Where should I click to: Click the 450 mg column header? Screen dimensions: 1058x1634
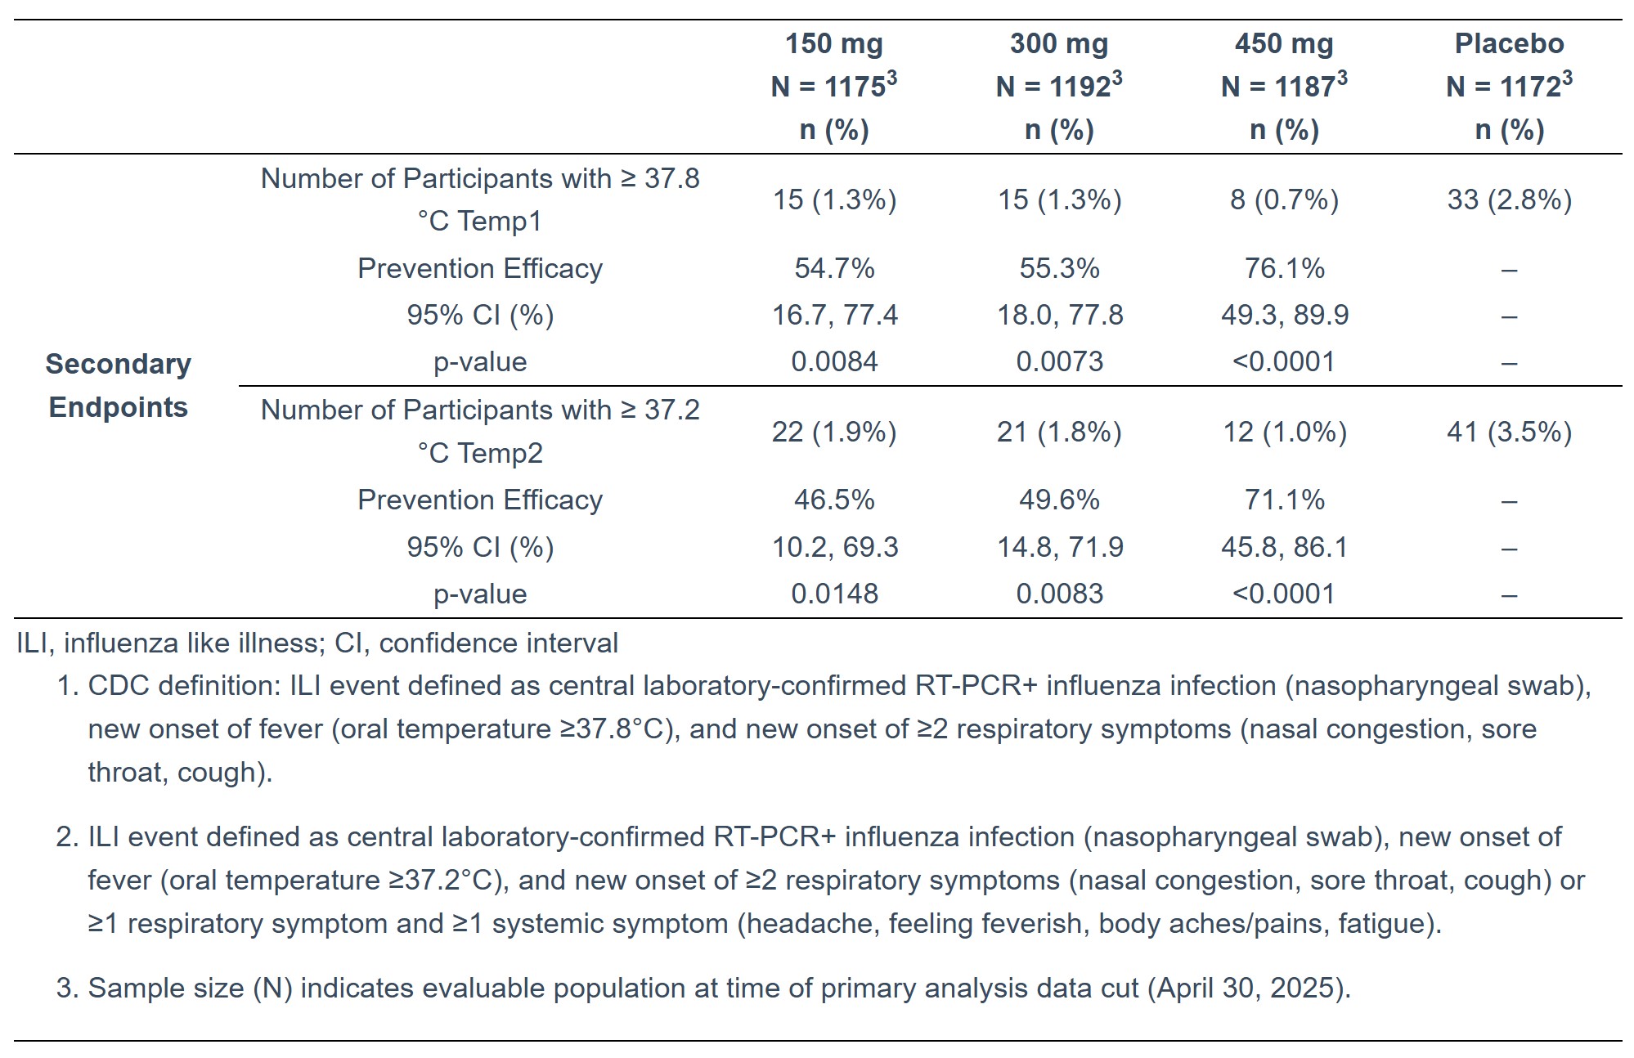(1284, 43)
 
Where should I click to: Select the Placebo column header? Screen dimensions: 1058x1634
(1509, 43)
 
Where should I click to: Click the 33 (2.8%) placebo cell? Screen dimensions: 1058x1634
(1509, 199)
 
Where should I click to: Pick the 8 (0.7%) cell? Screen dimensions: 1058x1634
(1284, 199)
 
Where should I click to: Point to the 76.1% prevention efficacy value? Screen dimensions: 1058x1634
(1284, 268)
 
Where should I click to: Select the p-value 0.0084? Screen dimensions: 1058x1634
(834, 361)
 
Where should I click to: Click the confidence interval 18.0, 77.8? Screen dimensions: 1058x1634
(1060, 315)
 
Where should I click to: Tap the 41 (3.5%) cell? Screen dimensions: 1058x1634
(1509, 432)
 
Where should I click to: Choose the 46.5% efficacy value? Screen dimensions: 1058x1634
(834, 500)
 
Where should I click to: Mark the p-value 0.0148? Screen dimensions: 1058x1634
(834, 594)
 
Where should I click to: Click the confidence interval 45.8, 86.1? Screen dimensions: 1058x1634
(1284, 547)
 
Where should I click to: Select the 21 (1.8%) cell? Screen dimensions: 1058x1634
(1059, 432)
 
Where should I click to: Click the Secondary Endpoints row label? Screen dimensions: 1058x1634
(119, 385)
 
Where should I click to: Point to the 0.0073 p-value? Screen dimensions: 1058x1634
(1059, 361)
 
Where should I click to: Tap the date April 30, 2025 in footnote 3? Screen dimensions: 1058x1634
(1246, 988)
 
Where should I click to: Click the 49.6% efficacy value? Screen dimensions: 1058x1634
(1059, 500)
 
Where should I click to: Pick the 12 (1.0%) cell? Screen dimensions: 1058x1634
(1284, 432)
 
